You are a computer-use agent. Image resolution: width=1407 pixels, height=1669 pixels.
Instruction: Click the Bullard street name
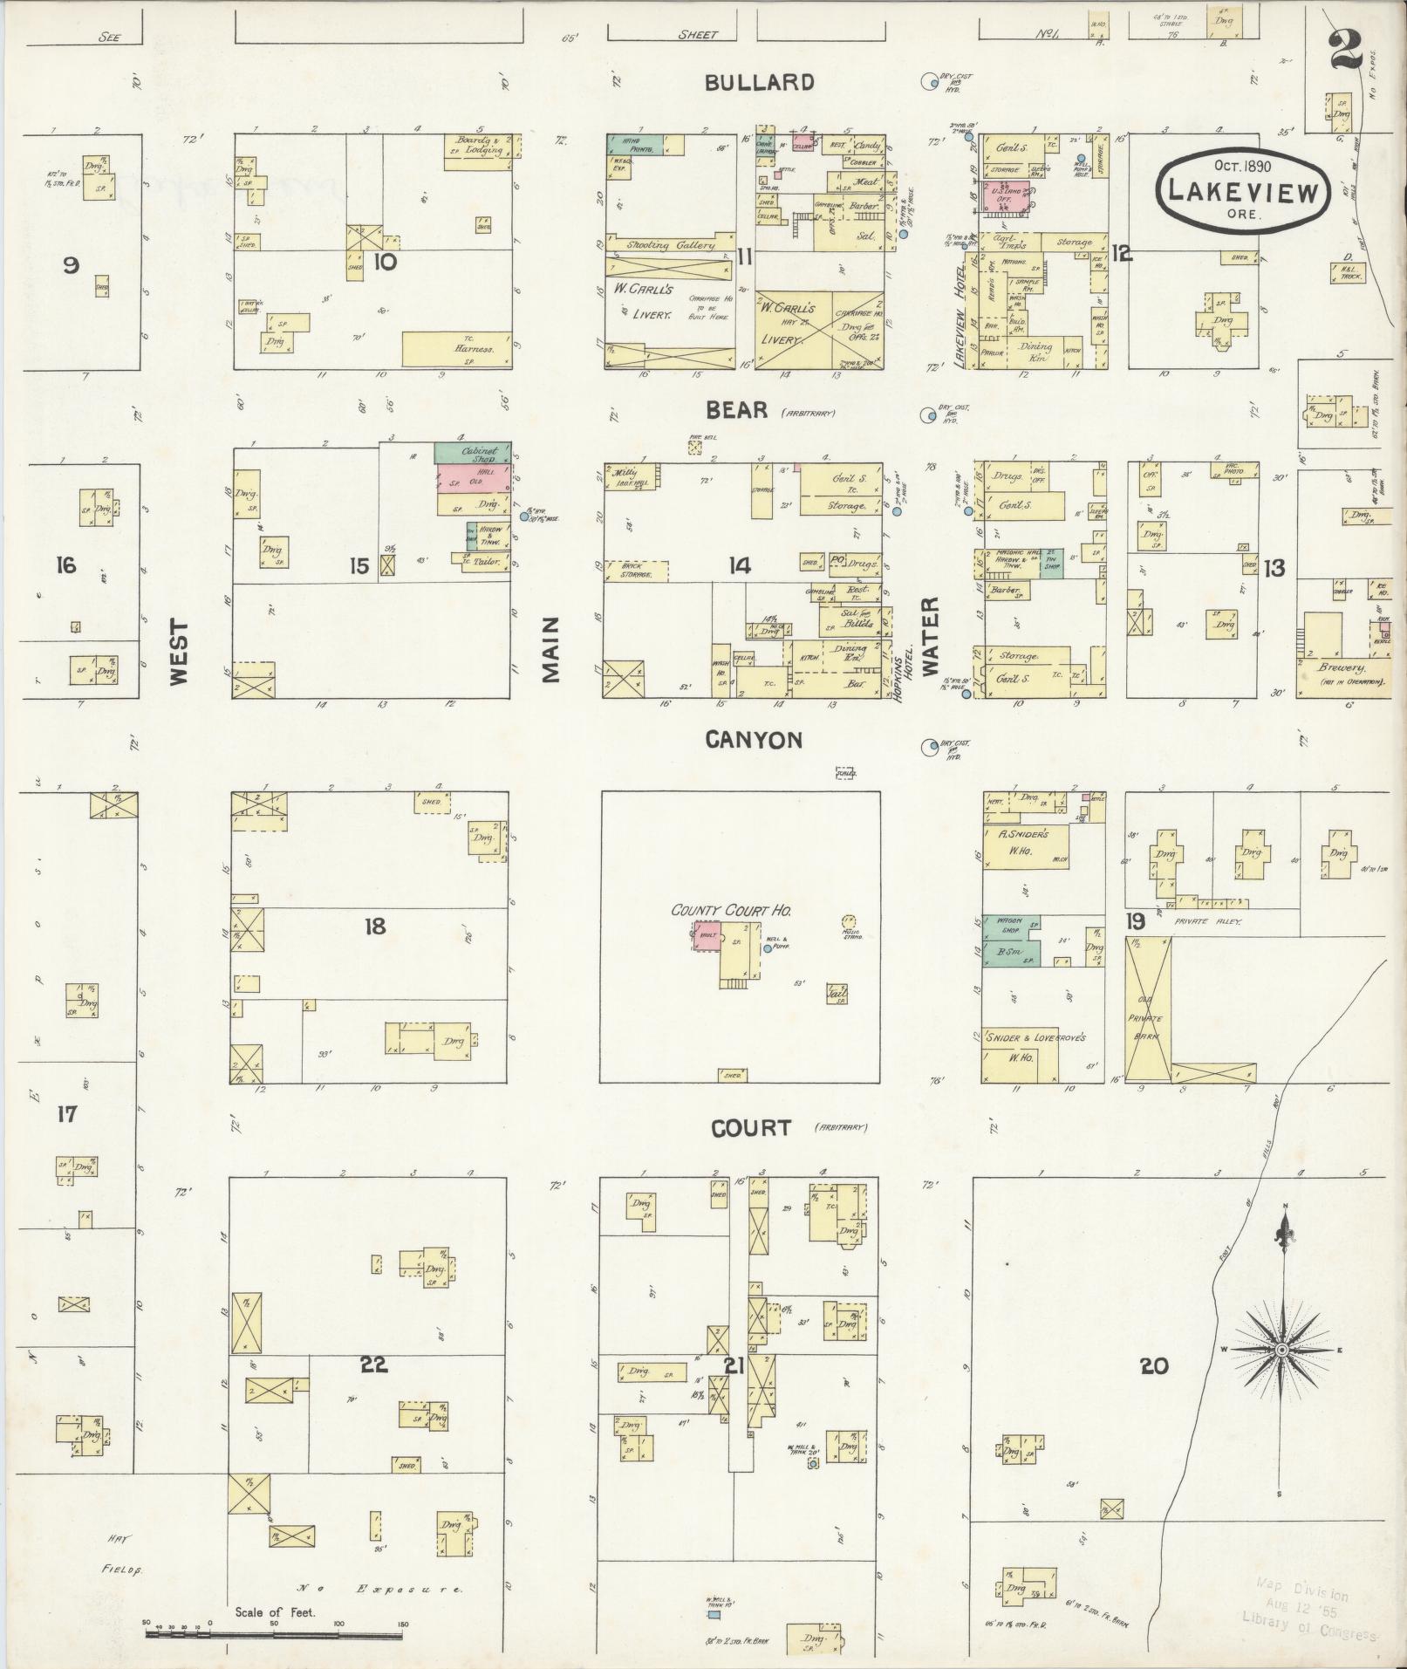point(759,83)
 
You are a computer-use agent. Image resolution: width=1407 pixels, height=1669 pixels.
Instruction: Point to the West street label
point(179,652)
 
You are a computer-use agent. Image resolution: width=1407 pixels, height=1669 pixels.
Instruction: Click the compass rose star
point(1282,1374)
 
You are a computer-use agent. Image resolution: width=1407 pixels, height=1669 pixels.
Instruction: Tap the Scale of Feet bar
point(275,1629)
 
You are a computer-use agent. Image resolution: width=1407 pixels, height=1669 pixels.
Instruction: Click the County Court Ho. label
point(730,910)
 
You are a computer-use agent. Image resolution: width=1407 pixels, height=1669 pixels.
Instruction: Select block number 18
point(375,926)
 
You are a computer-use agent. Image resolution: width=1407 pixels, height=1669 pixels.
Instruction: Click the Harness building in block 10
point(456,349)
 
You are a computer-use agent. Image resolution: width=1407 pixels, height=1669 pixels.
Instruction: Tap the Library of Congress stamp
point(1308,1615)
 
